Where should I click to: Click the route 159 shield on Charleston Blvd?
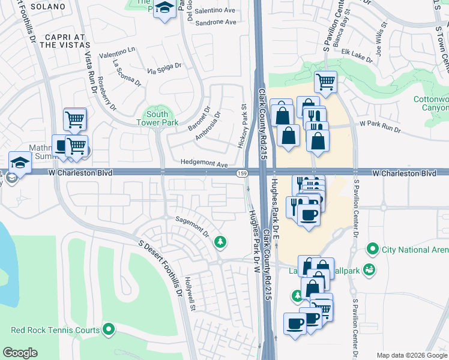pyautogui.click(x=241, y=173)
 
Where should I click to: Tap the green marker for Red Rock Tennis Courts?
pyautogui.click(x=109, y=329)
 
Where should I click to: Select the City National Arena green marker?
pyautogui.click(x=372, y=248)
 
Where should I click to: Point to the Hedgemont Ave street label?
pyautogui.click(x=205, y=164)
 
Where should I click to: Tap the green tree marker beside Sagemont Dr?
pyautogui.click(x=220, y=242)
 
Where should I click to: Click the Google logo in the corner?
pyautogui.click(x=20, y=353)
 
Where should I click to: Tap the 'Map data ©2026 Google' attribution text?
pyautogui.click(x=412, y=355)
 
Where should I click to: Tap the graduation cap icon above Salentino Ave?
pyautogui.click(x=164, y=9)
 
